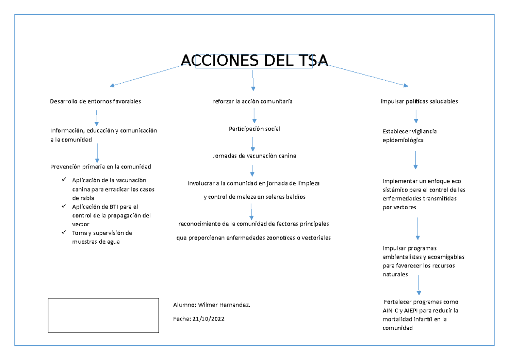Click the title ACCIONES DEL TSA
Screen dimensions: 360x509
[255, 61]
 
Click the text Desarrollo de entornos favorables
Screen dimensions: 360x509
[95, 101]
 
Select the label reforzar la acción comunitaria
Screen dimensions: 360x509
[252, 101]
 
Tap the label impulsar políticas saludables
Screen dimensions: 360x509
[419, 101]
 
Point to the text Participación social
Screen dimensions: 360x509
[254, 129]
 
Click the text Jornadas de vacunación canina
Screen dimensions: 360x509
[254, 156]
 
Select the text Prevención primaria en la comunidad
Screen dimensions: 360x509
[101, 166]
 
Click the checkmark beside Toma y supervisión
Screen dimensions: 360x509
[64, 233]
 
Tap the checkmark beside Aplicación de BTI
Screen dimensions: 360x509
[64, 206]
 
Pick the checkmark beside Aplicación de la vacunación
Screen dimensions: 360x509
[64, 180]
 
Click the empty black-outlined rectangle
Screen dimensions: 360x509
[103, 315]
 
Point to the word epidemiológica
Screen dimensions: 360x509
[403, 140]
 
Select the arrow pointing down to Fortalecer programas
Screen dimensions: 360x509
[419, 285]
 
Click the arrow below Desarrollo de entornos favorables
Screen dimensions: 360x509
[97, 118]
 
